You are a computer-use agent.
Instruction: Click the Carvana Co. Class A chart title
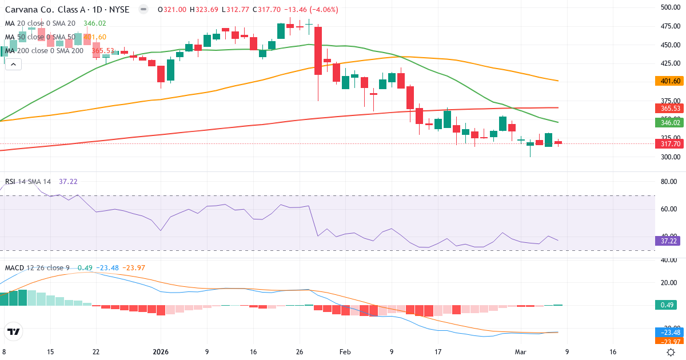click(x=67, y=10)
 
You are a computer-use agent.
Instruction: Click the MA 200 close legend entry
click(x=44, y=51)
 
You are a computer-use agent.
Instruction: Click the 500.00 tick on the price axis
click(x=669, y=7)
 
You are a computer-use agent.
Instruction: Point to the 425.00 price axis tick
click(x=669, y=63)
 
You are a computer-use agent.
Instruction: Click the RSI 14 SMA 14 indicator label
click(x=28, y=182)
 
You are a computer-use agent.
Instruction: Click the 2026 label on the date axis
click(x=161, y=352)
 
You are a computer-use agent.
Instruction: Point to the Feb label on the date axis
click(x=344, y=352)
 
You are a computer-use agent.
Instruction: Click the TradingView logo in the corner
click(x=14, y=331)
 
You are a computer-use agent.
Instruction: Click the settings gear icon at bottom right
click(x=670, y=352)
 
